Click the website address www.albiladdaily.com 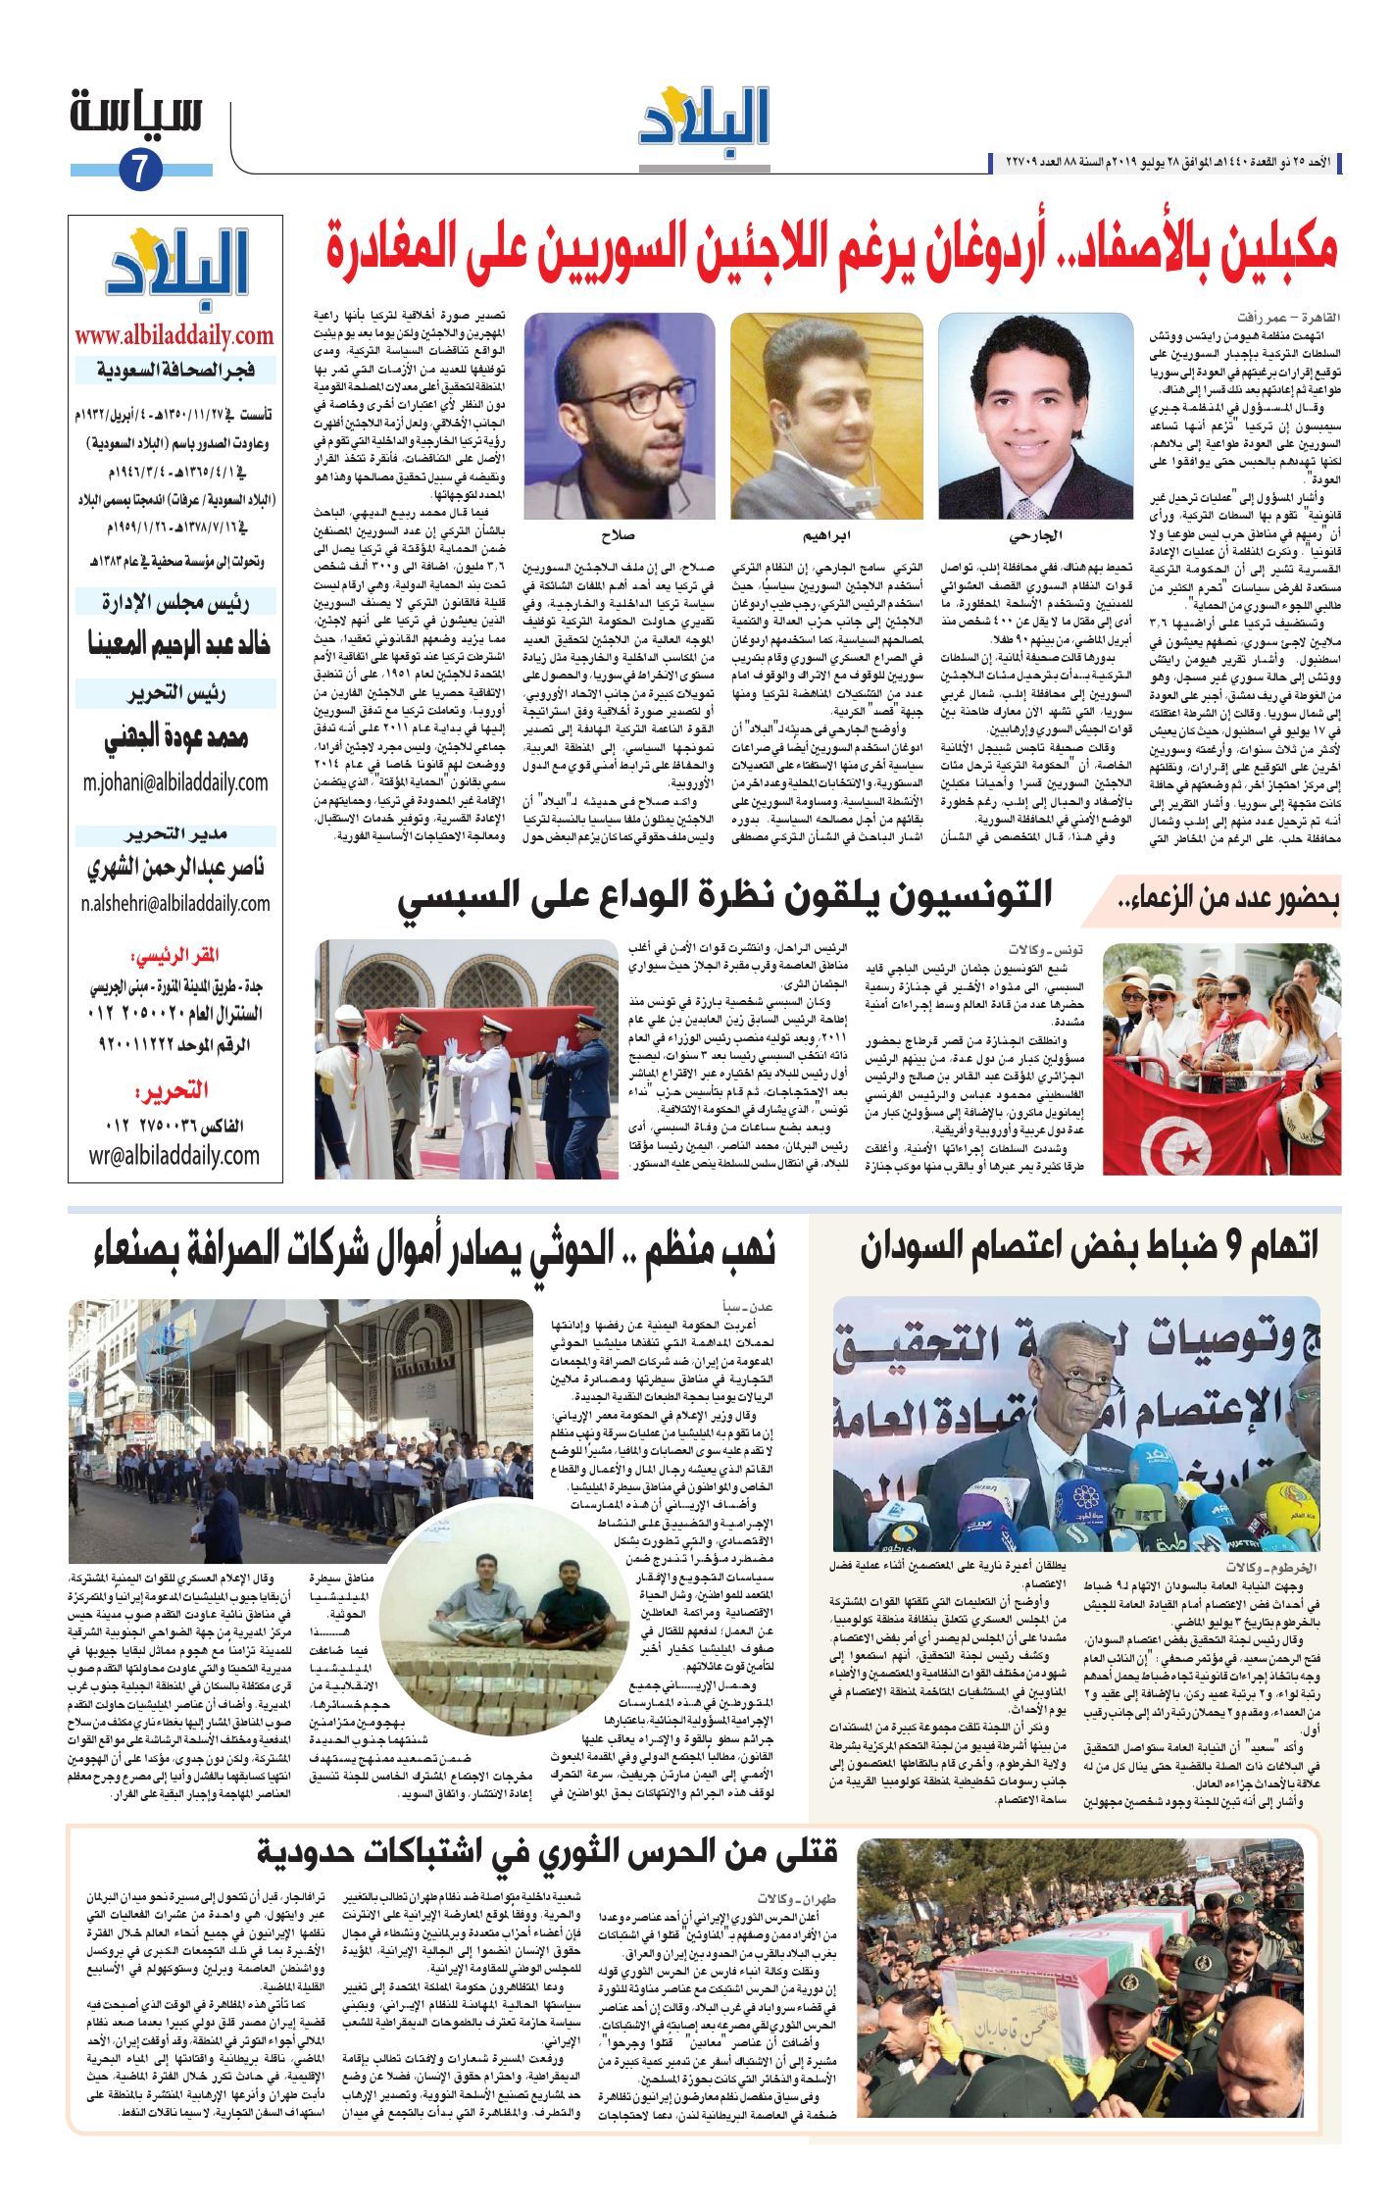tap(174, 335)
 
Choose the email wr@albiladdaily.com tap(174, 1155)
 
